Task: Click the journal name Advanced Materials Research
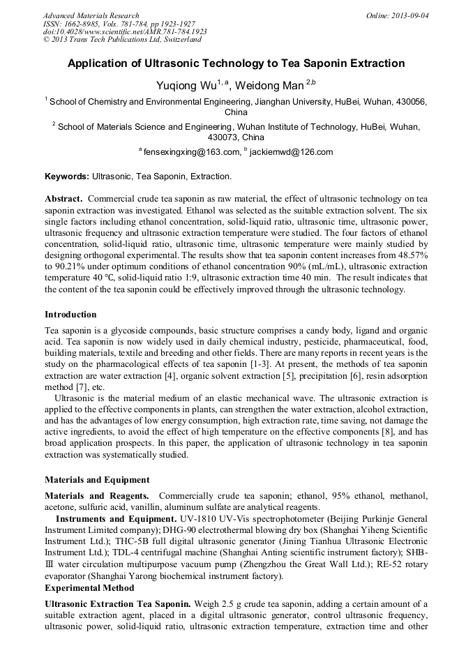[x=91, y=15]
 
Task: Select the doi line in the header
[x=125, y=31]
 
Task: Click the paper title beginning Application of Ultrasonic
[x=236, y=63]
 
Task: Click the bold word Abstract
[x=64, y=199]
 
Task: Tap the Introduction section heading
[x=70, y=315]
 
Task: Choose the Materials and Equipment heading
[x=97, y=480]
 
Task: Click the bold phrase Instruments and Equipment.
[x=115, y=520]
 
